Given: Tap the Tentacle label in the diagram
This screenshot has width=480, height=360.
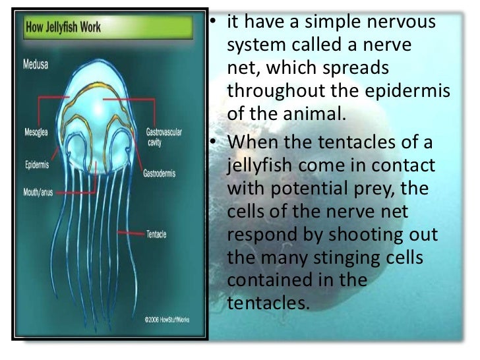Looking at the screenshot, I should pyautogui.click(x=156, y=234).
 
